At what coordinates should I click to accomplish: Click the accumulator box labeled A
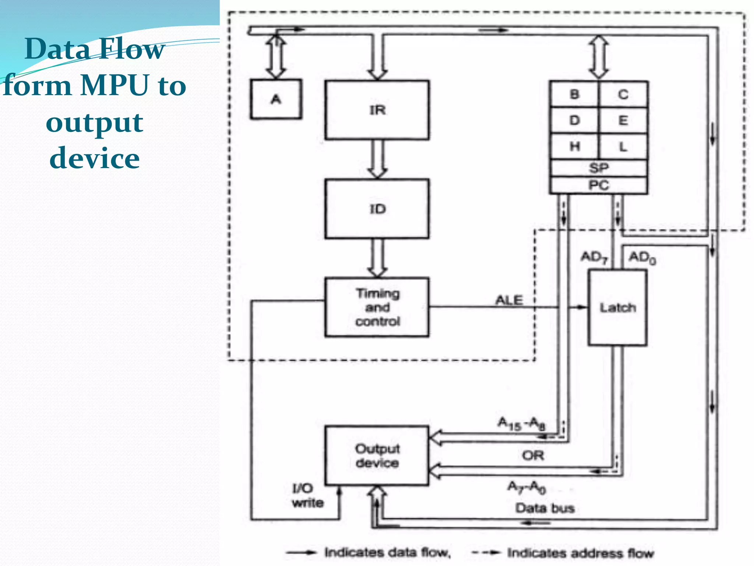tap(276, 99)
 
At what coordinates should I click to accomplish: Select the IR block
tap(377, 110)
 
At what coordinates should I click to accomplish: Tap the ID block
tap(377, 209)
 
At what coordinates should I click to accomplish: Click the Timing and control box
tap(377, 307)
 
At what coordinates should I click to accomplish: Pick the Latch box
tap(617, 307)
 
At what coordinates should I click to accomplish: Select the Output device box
tap(377, 455)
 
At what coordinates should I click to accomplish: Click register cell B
tap(574, 94)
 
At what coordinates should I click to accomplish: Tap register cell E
tap(623, 120)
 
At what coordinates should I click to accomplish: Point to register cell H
tap(574, 147)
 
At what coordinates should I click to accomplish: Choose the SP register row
tap(599, 168)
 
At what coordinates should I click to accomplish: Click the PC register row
tap(599, 185)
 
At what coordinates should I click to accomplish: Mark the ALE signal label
tap(509, 300)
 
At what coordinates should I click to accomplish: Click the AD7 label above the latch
tap(594, 257)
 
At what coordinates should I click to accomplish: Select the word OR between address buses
tap(533, 455)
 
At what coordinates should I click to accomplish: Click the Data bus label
tap(545, 508)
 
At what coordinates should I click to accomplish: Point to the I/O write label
tap(307, 495)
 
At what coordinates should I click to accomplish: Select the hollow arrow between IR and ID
tap(377, 159)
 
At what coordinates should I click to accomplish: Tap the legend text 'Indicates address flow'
tap(580, 553)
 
